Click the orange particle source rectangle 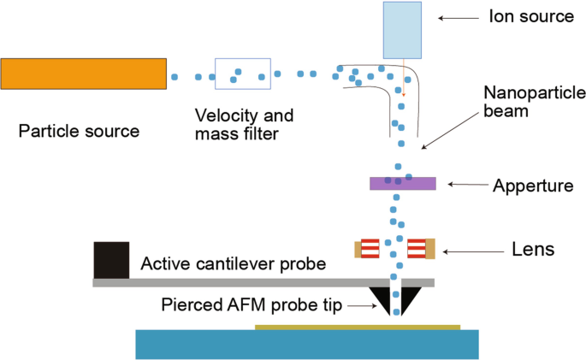[x=83, y=74]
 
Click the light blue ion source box [x=402, y=30]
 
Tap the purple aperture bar [x=403, y=183]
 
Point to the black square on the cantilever [x=111, y=260]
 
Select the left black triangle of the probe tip [x=378, y=298]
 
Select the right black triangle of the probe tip [x=410, y=298]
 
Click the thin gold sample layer [x=357, y=327]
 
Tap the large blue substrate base [x=306, y=344]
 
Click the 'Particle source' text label [x=79, y=132]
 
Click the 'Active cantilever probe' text [x=234, y=264]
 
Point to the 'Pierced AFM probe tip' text [x=263, y=305]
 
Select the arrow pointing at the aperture [x=466, y=184]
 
